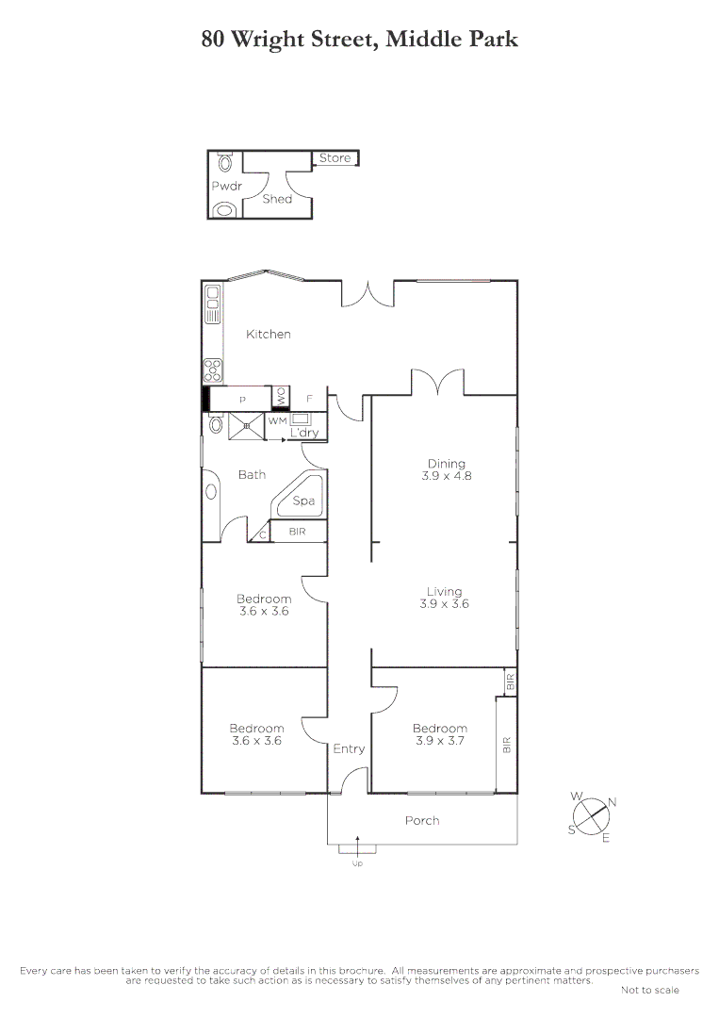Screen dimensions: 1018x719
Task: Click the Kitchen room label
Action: click(x=269, y=334)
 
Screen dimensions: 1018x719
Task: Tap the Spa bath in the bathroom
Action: click(x=303, y=501)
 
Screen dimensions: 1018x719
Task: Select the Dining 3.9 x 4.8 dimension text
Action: click(x=446, y=476)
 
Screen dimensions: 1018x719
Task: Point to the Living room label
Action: click(x=445, y=592)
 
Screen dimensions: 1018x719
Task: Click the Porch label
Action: click(x=422, y=820)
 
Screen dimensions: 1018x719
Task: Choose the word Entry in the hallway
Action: click(x=349, y=748)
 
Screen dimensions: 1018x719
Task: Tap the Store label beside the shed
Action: click(x=335, y=158)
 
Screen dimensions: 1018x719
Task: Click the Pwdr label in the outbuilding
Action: click(x=227, y=186)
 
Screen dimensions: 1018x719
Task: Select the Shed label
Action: click(x=277, y=199)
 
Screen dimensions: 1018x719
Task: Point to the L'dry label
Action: click(x=304, y=434)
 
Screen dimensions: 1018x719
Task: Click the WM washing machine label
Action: click(x=277, y=421)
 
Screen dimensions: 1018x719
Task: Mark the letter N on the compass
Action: click(x=613, y=802)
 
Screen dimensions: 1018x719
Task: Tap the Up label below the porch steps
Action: click(x=356, y=863)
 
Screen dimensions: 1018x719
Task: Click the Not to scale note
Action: click(x=650, y=990)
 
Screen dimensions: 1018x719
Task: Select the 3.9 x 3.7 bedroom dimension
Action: click(x=439, y=741)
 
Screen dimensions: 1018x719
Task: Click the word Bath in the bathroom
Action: click(x=252, y=474)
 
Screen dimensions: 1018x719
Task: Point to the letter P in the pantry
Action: click(x=241, y=401)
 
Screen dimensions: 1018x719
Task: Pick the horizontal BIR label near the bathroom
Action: click(x=297, y=533)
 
